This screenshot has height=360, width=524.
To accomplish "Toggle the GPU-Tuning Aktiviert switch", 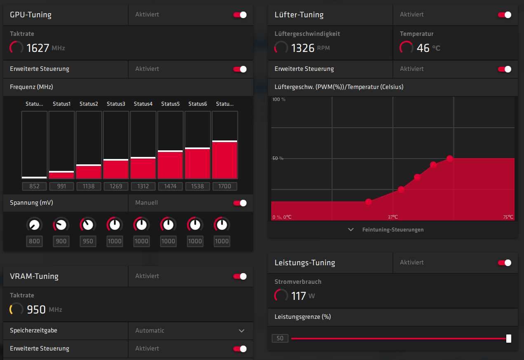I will coord(240,15).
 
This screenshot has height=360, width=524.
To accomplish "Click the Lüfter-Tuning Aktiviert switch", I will coord(505,15).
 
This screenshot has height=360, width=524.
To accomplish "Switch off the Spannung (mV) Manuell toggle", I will coord(240,203).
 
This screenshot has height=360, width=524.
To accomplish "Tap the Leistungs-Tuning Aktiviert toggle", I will coord(505,263).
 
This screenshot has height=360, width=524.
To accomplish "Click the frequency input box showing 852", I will coord(35,186).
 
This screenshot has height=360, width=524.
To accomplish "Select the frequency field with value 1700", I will coord(225,186).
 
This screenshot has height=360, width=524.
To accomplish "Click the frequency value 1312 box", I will coord(143,186).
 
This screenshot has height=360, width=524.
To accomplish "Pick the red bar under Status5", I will coord(170,165).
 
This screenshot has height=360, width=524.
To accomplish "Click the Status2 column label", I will coord(89,104).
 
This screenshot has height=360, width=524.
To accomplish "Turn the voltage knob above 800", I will coord(34,224).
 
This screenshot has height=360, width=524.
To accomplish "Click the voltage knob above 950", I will coord(87,224).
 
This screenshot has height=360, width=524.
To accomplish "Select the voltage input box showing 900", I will coord(61,241).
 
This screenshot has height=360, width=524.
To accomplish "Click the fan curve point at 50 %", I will coord(450,159).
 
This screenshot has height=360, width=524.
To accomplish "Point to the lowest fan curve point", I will coord(369,202).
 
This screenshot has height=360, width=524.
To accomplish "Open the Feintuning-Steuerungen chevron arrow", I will coord(351,229).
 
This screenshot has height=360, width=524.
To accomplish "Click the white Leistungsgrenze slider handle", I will coord(509,339).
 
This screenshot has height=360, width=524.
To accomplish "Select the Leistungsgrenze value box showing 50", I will coord(280,338).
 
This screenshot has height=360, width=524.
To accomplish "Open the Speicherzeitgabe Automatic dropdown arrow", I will coord(242,331).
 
